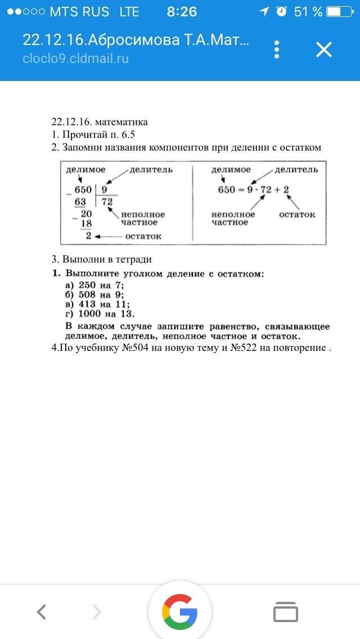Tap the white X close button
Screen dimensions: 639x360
(x=324, y=50)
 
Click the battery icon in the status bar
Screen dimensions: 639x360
(x=341, y=11)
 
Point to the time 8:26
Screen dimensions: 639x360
(x=182, y=11)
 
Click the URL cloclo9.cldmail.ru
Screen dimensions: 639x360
(x=76, y=58)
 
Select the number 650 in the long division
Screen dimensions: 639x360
(x=83, y=191)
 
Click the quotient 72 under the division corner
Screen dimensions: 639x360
(x=107, y=202)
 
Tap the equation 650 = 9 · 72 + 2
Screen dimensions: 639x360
(x=253, y=190)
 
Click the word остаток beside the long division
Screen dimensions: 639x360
(x=143, y=236)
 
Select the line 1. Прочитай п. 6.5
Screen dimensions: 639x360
(x=93, y=134)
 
